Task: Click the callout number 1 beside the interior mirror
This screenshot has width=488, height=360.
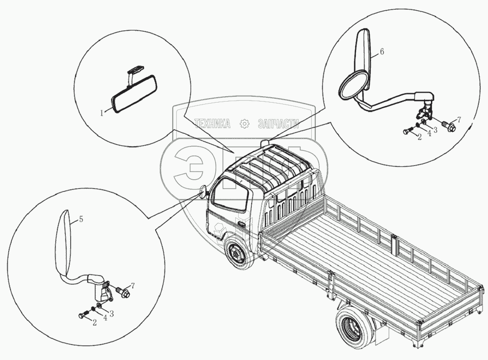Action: coord(102,113)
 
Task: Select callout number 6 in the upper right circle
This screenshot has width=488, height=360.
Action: coord(382,51)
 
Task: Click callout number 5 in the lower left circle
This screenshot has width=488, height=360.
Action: coord(81,219)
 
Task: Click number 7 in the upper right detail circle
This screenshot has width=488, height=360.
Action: coord(458,120)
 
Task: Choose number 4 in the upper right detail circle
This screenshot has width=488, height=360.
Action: coord(429,133)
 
